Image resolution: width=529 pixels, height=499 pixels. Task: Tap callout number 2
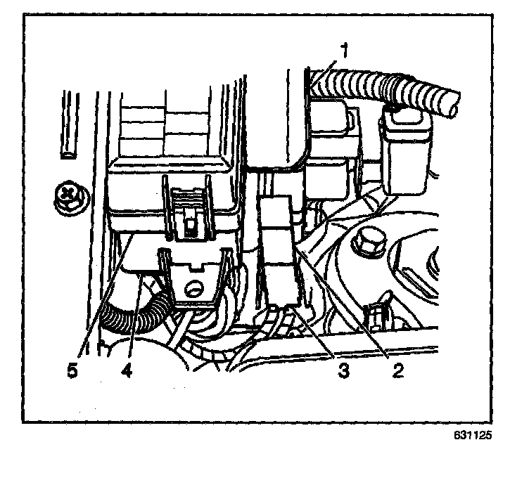coord(399,371)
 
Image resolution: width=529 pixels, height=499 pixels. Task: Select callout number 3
coord(343,371)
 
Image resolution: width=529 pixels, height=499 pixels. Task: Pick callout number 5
coord(72,371)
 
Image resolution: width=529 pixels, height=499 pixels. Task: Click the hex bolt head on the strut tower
coord(367,242)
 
